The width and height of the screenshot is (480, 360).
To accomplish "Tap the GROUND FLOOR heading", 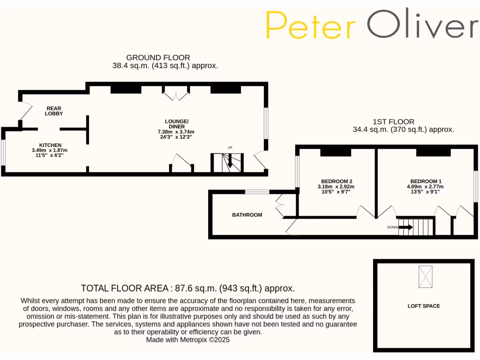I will [x=158, y=58].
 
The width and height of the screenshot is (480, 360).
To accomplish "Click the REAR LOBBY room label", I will [x=54, y=111].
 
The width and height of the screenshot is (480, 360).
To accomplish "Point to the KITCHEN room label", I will [x=50, y=145].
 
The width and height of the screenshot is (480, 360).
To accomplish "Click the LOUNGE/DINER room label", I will [x=176, y=124].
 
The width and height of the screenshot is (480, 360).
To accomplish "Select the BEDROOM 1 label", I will [x=426, y=181].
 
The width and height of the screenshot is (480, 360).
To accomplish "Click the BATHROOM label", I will [x=247, y=215].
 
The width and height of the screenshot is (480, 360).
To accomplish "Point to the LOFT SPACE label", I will [x=423, y=306].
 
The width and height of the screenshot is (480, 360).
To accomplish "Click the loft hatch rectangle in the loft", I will [x=426, y=277].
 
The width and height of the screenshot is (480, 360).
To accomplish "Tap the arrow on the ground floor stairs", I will [x=230, y=163].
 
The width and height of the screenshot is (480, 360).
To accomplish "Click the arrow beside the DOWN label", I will [x=406, y=227].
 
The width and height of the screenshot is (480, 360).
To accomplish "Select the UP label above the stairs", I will [x=230, y=148].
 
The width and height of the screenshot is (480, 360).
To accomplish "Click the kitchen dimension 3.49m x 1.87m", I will [x=50, y=150].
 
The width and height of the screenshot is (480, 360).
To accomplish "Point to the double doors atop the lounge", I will [x=175, y=96].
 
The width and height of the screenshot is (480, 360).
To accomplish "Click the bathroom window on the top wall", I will [x=257, y=191].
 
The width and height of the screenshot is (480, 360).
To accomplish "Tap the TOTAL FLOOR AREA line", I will [x=187, y=288].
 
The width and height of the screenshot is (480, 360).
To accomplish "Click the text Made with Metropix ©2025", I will [x=187, y=340].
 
